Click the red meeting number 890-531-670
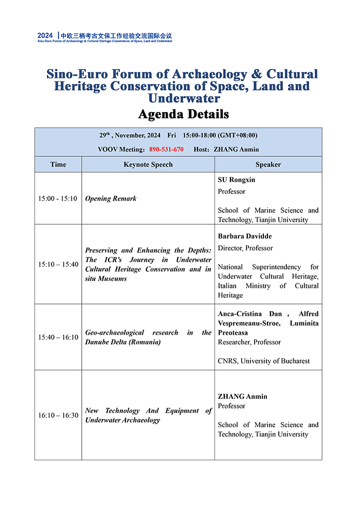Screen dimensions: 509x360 point(166,150)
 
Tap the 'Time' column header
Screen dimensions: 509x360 point(58,165)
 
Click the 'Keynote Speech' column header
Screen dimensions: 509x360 point(148,165)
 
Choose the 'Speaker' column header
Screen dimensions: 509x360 point(268,165)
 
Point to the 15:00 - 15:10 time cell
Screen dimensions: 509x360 point(58,198)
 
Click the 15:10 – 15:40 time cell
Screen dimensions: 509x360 point(58,264)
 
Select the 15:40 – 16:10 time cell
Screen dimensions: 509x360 point(58,337)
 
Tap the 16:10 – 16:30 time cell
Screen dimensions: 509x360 point(58,415)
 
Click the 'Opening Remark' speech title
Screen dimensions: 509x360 point(111,198)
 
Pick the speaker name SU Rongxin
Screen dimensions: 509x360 point(236,180)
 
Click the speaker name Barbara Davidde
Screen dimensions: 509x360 point(245,236)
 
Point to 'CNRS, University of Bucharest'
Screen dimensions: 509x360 point(264,361)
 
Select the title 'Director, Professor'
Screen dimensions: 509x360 point(246,248)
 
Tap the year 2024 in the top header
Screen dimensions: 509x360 point(45,35)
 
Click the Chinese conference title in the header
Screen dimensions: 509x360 point(116,35)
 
